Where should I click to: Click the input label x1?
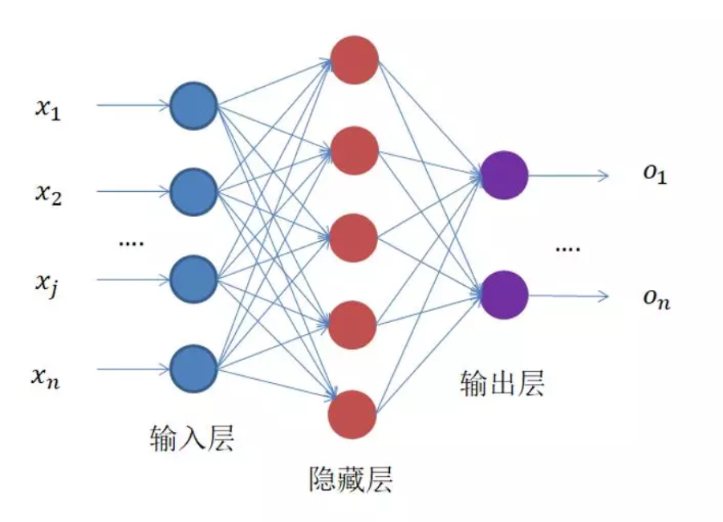pos(47,108)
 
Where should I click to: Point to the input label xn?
pos(47,375)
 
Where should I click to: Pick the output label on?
pos(655,299)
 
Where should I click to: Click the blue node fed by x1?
pos(193,105)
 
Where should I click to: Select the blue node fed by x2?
pos(193,191)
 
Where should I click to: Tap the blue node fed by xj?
pos(193,279)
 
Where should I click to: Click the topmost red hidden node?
pos(354,59)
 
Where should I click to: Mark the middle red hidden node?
pos(354,238)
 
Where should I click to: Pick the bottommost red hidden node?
pos(352,414)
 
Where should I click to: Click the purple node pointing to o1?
pos(504,174)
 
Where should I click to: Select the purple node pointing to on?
pos(504,295)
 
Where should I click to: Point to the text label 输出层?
pos(502,383)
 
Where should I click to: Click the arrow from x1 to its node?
pos(132,105)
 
